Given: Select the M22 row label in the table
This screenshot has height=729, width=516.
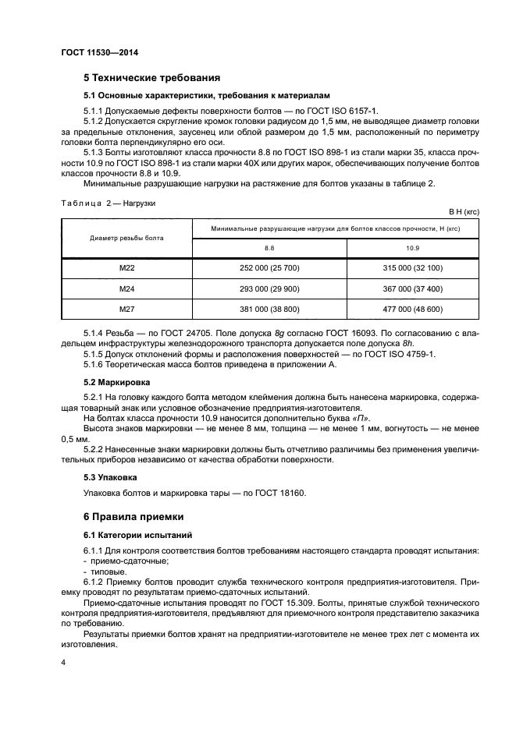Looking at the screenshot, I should (x=126, y=268).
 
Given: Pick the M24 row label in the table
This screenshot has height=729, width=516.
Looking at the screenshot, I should (x=126, y=288).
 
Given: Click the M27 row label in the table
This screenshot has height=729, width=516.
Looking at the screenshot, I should (x=126, y=309).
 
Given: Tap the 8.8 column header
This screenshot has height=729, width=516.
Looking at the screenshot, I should (x=269, y=247).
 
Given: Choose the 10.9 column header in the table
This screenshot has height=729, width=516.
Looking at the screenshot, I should (x=413, y=247).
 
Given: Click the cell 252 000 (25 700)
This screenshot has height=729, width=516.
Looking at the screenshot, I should (x=269, y=268).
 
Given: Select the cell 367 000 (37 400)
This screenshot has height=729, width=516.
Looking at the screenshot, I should (x=413, y=288).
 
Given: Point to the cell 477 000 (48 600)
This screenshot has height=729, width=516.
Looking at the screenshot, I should (x=413, y=309).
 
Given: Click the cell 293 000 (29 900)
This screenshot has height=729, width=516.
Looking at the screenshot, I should (x=269, y=288).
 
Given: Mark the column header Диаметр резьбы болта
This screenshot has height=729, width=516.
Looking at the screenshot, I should (x=126, y=238).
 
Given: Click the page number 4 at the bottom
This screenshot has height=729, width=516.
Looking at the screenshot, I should (x=62, y=663).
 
